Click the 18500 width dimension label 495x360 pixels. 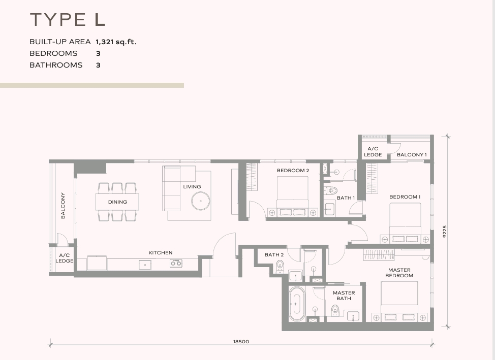[x=241, y=342]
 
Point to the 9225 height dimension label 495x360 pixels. [x=445, y=231]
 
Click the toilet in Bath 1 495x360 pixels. [x=330, y=190]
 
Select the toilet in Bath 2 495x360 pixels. [x=280, y=267]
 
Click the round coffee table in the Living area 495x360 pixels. [x=200, y=201]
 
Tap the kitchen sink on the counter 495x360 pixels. [x=145, y=265]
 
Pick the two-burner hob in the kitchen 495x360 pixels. [x=176, y=263]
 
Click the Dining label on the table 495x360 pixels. [x=117, y=202]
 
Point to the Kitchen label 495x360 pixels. [x=161, y=253]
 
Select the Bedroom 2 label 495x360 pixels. [x=293, y=171]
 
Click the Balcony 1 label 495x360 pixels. [x=412, y=154]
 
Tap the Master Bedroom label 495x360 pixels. [x=399, y=273]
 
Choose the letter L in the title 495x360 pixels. [x=100, y=19]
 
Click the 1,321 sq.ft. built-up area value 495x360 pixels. [x=116, y=42]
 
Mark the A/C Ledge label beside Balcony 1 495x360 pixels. [x=373, y=152]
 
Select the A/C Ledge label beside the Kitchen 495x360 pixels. [x=65, y=258]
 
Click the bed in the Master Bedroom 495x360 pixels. [x=399, y=301]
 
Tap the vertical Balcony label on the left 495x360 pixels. [x=63, y=206]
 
